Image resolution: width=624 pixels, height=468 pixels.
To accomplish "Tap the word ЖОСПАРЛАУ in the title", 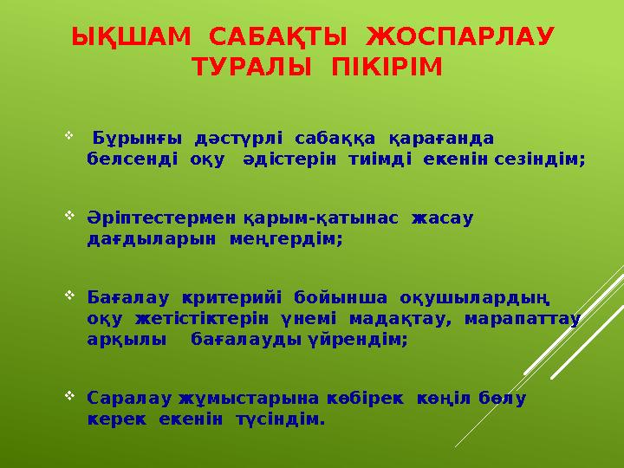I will [x=460, y=38].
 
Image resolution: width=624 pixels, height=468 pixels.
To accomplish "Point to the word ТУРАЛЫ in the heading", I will [x=254, y=68].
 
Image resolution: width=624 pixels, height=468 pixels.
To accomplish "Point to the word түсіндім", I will [x=280, y=421].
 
